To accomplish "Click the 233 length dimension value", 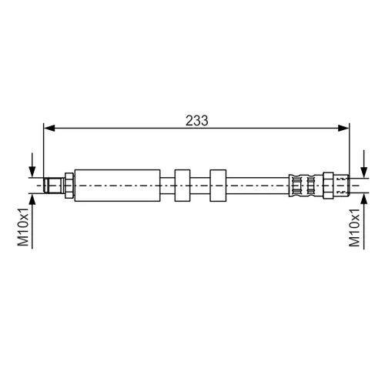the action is (x=197, y=121).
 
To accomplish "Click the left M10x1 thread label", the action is (x=23, y=227).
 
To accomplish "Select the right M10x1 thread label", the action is (x=354, y=228).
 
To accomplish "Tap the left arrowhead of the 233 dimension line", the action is (x=49, y=128).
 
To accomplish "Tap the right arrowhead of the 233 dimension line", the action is (x=343, y=128).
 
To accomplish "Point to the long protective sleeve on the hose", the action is (x=117, y=186).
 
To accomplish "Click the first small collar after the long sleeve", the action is (x=182, y=186).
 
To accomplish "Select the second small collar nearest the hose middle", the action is (x=218, y=186).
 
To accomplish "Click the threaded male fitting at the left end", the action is (x=54, y=186).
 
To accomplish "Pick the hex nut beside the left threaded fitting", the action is (x=69, y=186).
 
